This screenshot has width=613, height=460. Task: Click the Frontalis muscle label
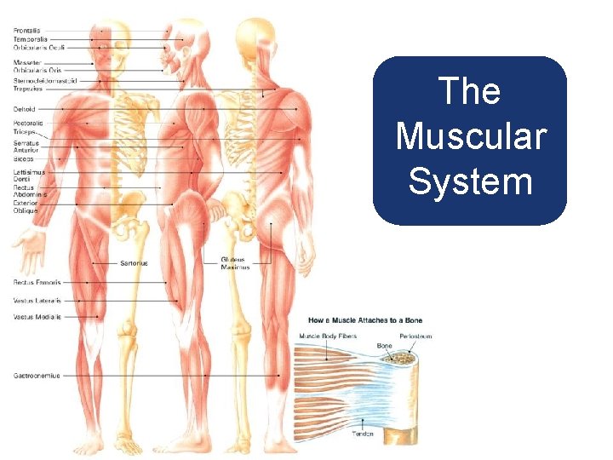coord(27,31)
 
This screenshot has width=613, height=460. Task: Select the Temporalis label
coord(30,39)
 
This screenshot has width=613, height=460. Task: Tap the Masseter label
coord(27,62)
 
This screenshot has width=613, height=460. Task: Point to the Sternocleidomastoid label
coord(45,80)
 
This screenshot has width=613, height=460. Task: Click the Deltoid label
coord(24,109)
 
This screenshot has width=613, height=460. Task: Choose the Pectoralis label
coord(29,124)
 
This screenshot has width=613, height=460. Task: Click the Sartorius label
coord(134,263)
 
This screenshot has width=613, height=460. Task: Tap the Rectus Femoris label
coord(37,282)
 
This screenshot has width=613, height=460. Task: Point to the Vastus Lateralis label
coord(37,300)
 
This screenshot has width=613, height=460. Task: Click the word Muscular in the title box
coord(470,136)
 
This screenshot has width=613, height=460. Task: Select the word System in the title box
coord(470,181)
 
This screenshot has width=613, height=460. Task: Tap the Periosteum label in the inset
coord(415,336)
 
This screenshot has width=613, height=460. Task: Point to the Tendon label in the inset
coord(363,434)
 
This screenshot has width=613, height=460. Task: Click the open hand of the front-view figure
coord(28,252)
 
